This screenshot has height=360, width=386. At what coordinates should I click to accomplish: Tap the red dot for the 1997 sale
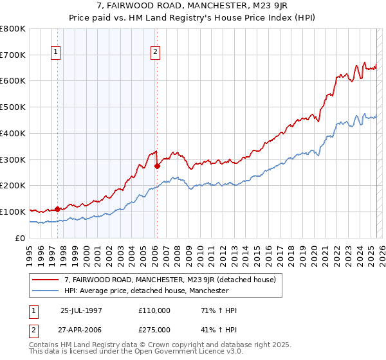point(57,208)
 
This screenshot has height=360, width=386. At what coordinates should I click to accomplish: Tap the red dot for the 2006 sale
point(157,165)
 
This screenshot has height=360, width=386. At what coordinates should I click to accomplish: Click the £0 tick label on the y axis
point(21,238)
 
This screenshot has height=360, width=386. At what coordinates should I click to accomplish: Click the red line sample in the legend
point(45,280)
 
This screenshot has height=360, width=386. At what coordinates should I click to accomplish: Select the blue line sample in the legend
point(45,291)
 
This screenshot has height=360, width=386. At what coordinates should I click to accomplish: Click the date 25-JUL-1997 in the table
point(81,310)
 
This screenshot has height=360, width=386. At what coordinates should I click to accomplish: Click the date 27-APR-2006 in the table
point(81,329)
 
